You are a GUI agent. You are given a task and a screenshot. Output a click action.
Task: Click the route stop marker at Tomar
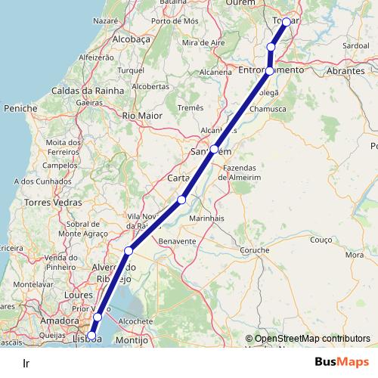tap(287, 22)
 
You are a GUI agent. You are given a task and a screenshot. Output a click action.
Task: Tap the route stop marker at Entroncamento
tap(270, 70)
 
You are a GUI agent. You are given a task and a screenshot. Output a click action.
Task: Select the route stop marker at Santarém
tap(215, 149)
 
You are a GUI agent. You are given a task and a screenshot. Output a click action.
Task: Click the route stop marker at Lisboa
tap(91, 336)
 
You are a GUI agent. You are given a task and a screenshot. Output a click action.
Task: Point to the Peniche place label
tap(20, 109)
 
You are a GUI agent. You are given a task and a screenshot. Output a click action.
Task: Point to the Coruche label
tap(254, 249)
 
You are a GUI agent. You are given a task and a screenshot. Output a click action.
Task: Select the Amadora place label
tap(64, 321)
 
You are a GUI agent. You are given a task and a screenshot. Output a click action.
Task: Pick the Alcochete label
tap(136, 321)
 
